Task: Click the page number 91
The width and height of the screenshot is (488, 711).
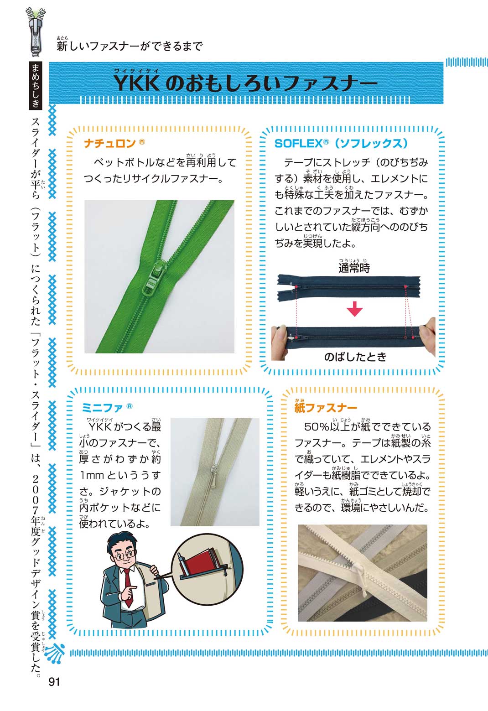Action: click(x=54, y=681)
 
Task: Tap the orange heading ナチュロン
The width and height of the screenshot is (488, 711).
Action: click(x=110, y=144)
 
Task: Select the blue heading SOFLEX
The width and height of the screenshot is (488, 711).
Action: click(x=298, y=144)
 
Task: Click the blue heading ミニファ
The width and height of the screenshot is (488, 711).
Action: click(x=102, y=408)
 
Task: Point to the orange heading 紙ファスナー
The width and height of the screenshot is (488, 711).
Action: click(x=326, y=408)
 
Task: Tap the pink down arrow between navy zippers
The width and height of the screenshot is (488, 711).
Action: click(x=355, y=308)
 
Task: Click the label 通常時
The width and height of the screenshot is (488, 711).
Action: click(x=354, y=268)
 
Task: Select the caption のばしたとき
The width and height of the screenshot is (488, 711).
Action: click(x=355, y=357)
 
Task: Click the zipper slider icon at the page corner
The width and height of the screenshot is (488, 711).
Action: click(x=36, y=32)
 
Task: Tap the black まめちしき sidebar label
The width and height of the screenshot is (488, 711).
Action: click(x=36, y=86)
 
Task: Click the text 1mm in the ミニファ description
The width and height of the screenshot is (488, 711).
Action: click(x=92, y=475)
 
